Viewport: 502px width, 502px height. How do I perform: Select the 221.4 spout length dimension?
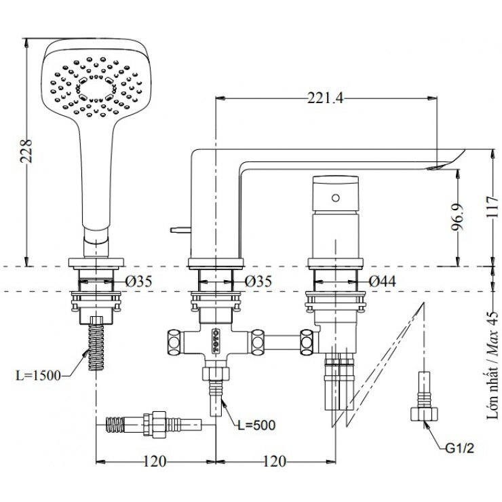(x=326, y=99)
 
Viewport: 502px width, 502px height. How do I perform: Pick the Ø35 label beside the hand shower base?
(x=138, y=281)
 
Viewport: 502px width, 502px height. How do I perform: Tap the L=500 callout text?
(x=256, y=425)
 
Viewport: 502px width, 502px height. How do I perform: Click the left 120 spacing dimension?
(x=155, y=462)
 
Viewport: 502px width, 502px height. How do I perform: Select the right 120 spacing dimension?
(x=273, y=462)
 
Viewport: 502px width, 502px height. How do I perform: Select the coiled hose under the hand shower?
(x=96, y=346)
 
